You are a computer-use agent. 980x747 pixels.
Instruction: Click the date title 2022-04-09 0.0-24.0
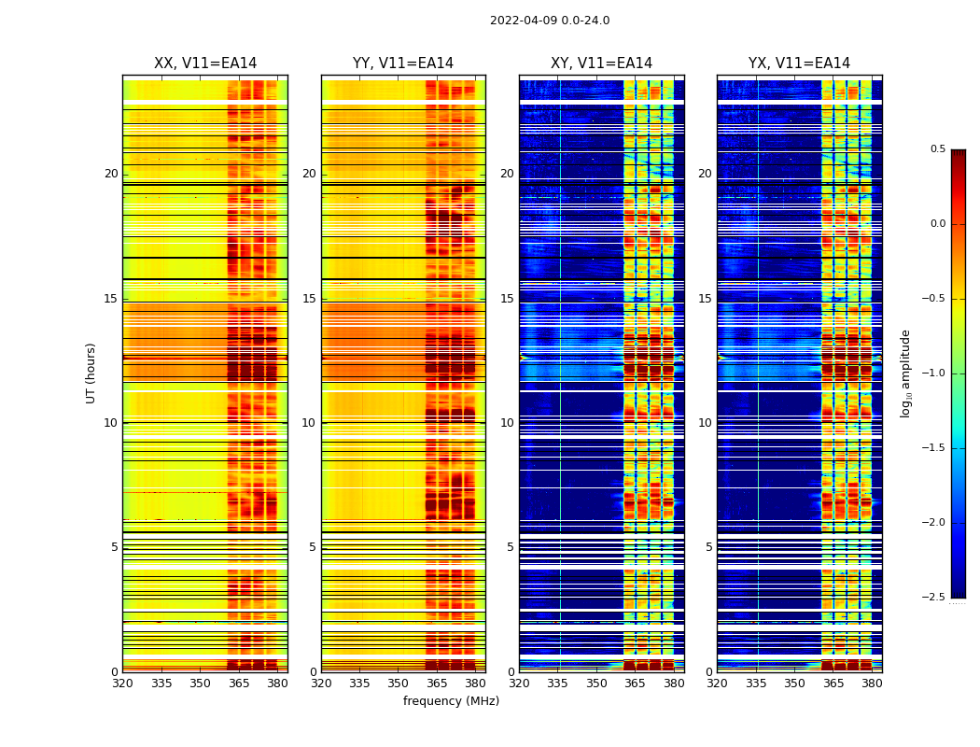[550, 21]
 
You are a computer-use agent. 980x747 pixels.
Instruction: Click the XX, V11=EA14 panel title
[205, 63]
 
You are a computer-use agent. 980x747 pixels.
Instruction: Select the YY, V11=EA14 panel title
[403, 63]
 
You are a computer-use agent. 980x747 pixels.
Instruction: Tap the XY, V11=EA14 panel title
[601, 63]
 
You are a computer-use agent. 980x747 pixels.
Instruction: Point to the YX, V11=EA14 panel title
[799, 63]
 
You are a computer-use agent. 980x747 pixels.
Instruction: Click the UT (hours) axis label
[91, 373]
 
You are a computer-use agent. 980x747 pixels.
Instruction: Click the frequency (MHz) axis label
[451, 701]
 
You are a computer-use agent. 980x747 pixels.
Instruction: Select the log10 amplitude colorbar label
[904, 373]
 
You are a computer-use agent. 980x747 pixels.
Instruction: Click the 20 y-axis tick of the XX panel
[111, 174]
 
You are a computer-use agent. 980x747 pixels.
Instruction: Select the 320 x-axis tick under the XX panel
[122, 684]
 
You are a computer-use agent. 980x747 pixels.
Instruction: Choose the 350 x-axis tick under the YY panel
[399, 684]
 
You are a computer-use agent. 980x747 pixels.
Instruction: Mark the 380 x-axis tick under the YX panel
[872, 684]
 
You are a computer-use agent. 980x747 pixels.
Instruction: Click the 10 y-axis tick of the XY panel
[507, 423]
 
